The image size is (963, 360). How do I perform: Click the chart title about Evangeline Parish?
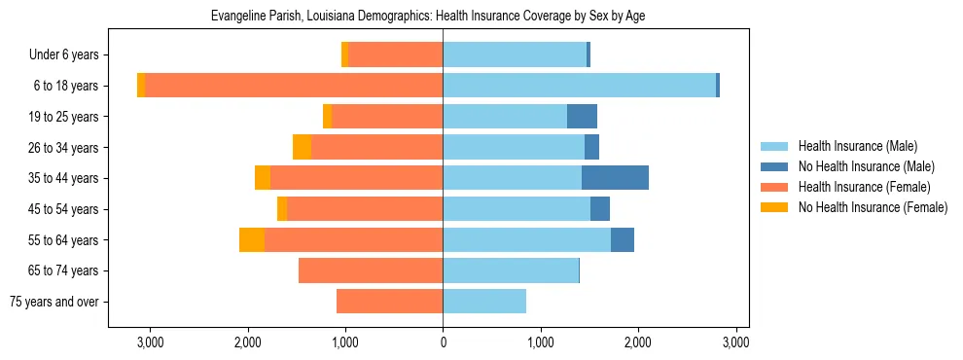pos(428,16)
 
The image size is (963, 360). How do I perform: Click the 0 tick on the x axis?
pos(443,342)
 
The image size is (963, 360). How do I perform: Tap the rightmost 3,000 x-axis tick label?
pos(735,342)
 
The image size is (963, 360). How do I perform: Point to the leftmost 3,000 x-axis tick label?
pos(150,342)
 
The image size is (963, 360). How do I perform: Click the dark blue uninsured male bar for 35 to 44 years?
pos(615,178)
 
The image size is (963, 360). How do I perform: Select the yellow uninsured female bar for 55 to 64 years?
pos(252,239)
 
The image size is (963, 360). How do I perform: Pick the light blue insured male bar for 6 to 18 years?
pos(579,86)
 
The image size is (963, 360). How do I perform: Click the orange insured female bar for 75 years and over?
pos(389,302)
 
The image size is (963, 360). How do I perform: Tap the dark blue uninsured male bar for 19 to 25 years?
pos(582,117)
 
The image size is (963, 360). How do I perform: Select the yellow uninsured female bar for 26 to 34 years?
pos(302,147)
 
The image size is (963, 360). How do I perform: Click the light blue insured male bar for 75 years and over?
pos(484,302)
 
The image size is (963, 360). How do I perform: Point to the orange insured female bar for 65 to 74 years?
pos(371,270)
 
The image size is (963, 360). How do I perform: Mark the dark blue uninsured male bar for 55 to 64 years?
pos(623,239)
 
